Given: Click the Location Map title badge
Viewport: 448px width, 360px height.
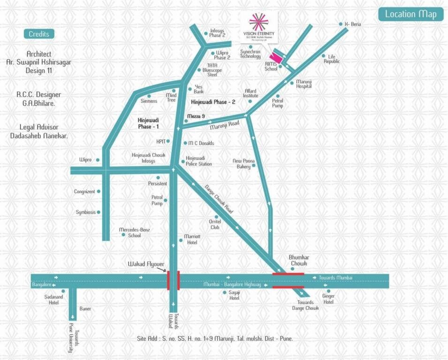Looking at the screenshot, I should [x=410, y=14].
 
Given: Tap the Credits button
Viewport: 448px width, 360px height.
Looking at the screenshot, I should [x=39, y=34].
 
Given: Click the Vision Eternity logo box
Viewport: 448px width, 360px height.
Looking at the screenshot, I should [x=258, y=28].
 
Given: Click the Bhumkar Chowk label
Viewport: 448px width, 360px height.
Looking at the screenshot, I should [x=298, y=261].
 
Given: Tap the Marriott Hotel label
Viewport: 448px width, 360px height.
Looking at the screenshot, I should [x=192, y=240].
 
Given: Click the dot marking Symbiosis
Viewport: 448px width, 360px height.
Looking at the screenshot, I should [x=99, y=212].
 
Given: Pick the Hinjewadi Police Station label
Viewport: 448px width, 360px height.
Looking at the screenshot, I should [x=199, y=161].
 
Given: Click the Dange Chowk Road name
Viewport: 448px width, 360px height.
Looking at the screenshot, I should [x=219, y=199].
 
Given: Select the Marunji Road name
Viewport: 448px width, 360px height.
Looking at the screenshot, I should [x=224, y=124].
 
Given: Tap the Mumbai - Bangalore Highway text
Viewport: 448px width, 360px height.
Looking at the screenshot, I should [x=232, y=285].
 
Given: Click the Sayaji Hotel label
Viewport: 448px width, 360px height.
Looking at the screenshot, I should [x=234, y=295].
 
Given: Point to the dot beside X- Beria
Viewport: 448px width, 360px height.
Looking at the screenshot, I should [x=341, y=24].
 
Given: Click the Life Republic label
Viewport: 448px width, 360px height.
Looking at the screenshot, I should [x=331, y=59].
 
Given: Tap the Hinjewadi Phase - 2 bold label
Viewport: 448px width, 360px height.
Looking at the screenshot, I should [x=213, y=102].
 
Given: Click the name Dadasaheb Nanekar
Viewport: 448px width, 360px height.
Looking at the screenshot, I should [x=39, y=135].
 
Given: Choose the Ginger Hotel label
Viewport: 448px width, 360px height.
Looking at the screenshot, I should [x=328, y=299].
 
